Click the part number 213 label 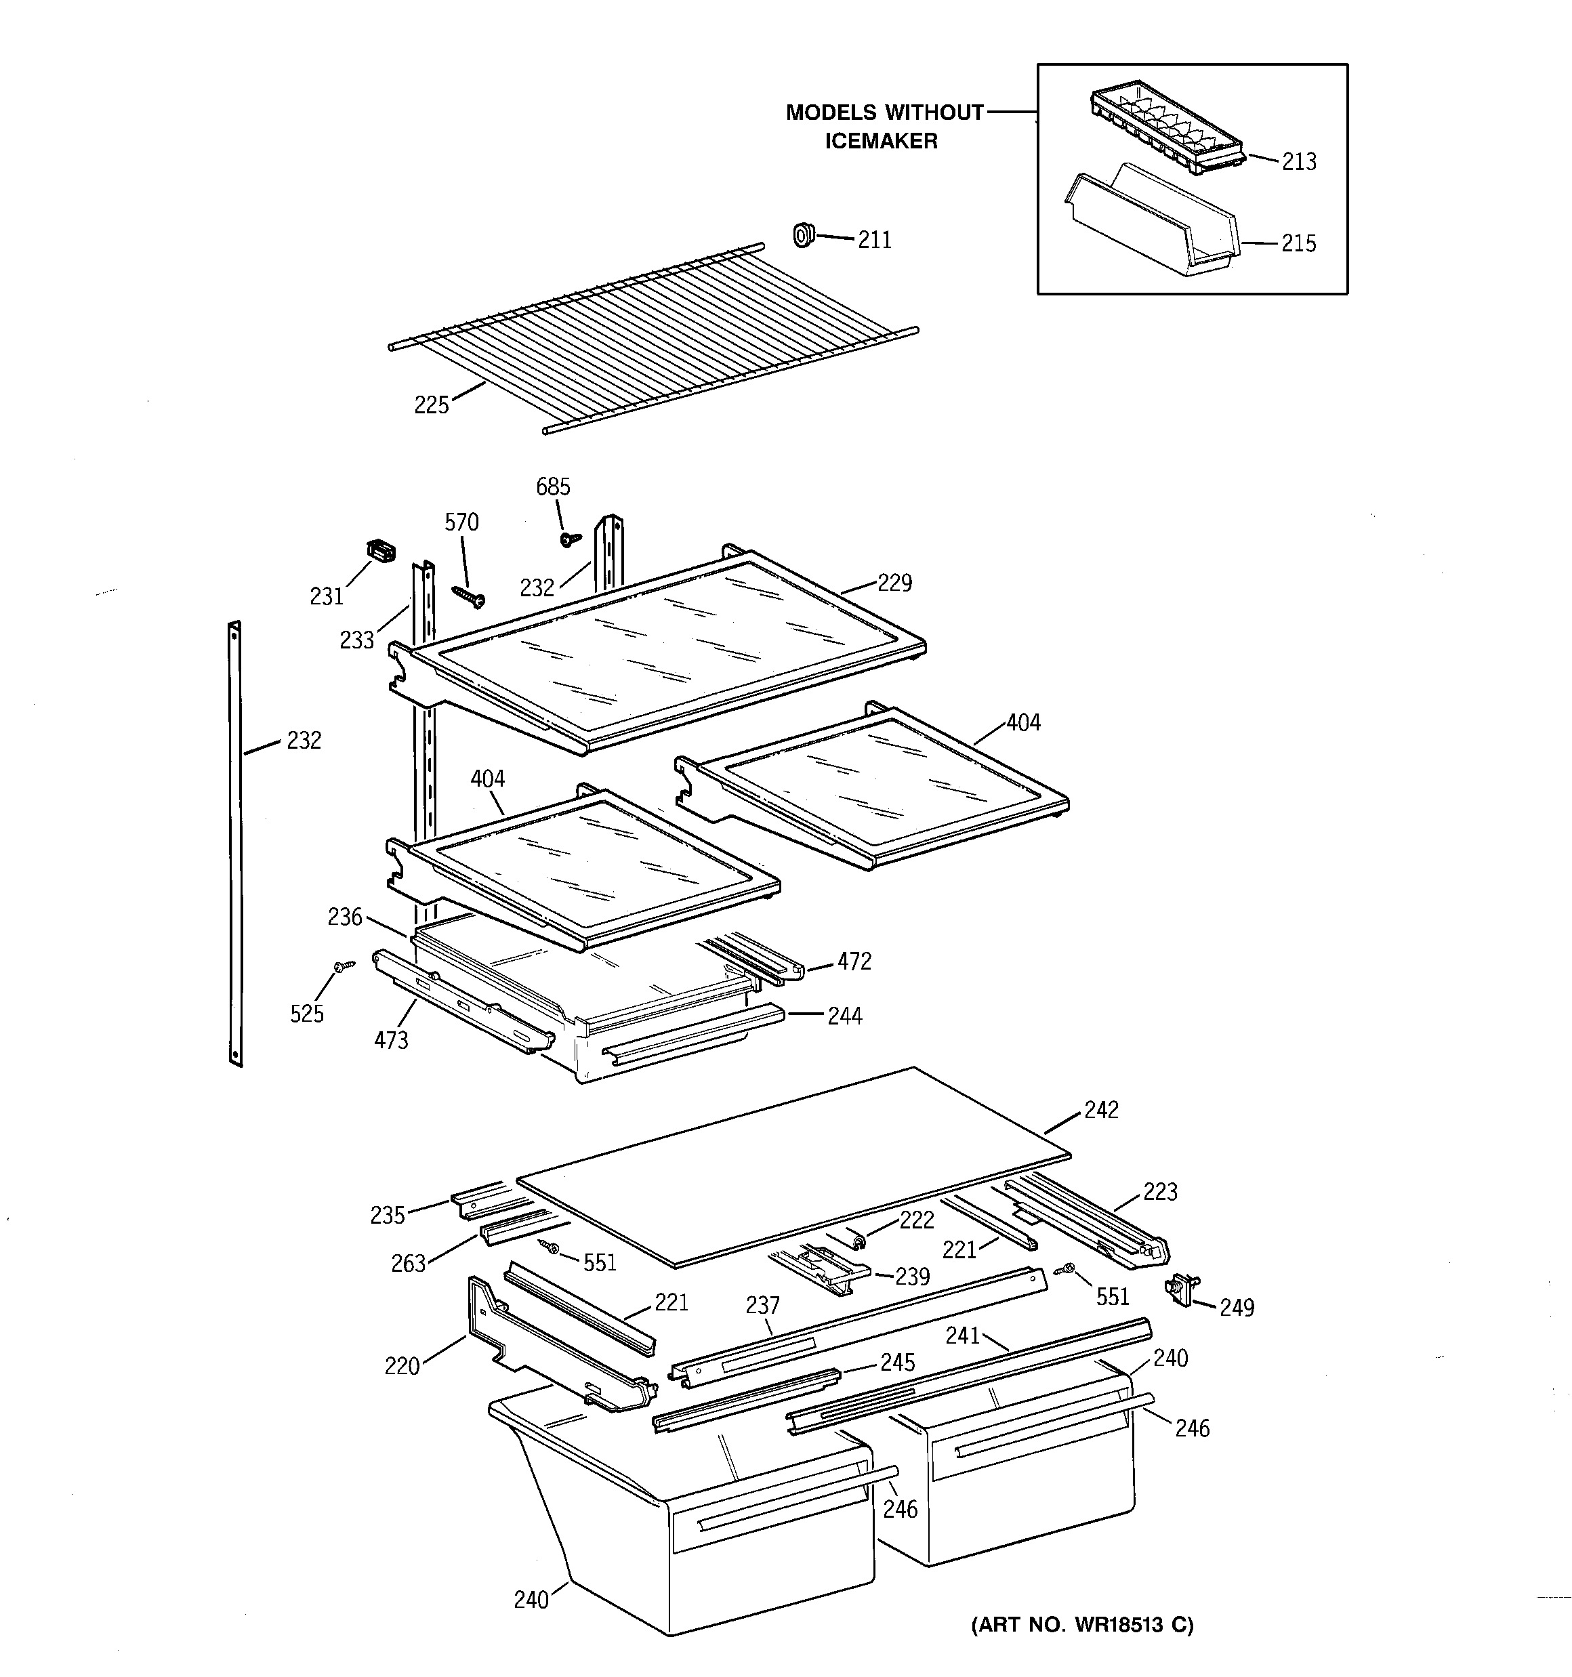tap(1299, 162)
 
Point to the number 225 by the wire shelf tap(431, 406)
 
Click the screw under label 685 tap(571, 537)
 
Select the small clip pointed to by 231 tap(381, 551)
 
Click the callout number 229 tap(894, 583)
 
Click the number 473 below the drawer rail tap(391, 1040)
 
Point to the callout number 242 tap(1101, 1110)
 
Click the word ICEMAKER tap(881, 141)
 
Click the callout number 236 tap(345, 917)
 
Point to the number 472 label tap(854, 961)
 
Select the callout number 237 tap(763, 1306)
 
